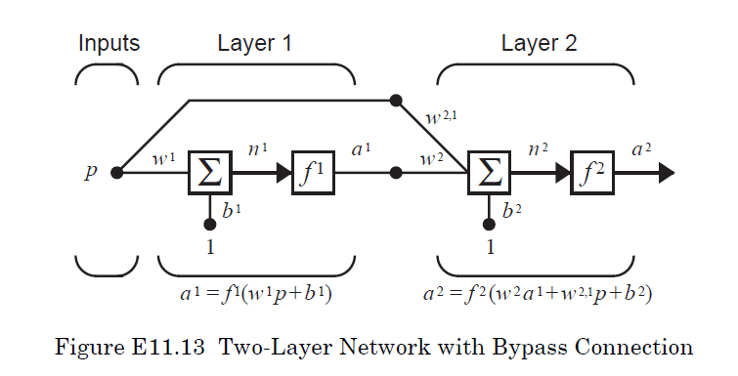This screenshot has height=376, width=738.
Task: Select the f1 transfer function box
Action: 313,173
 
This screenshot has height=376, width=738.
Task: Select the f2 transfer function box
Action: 593,173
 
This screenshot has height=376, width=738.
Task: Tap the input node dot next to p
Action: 117,173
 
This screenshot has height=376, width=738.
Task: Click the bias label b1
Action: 229,210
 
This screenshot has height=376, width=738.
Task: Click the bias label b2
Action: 510,210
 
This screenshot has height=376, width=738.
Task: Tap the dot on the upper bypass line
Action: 396,100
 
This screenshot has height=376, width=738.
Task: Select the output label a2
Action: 642,149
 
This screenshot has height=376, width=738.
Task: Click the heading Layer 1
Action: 255,44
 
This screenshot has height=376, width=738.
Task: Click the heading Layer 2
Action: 539,44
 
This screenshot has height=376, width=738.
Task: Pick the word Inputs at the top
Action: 109,44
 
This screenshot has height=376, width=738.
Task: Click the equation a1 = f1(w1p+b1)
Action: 256,293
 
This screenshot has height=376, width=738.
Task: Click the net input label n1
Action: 256,151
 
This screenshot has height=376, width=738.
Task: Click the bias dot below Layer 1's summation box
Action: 210,224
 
